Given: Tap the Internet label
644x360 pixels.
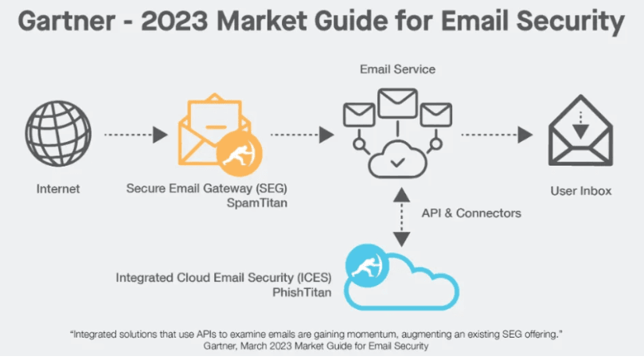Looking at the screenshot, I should [x=58, y=190].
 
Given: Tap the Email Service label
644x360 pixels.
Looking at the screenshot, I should [x=397, y=69].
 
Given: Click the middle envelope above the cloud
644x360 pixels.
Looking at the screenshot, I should [x=398, y=103].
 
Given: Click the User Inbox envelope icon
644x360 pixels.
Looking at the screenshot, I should [x=580, y=135].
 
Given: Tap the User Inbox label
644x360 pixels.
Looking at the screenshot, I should [x=581, y=191].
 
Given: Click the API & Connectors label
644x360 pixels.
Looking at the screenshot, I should [x=471, y=213].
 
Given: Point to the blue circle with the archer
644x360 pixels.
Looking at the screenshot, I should [x=367, y=265].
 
